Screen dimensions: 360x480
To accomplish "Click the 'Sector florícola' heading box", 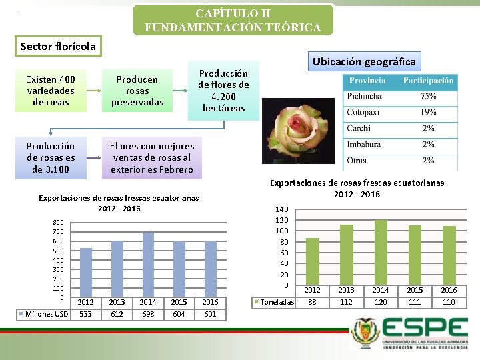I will (59, 46).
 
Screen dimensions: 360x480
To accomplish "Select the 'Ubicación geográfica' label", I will (364, 61).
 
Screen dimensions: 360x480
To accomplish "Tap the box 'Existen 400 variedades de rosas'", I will (51, 91).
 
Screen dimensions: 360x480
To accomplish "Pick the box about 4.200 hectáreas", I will (223, 91).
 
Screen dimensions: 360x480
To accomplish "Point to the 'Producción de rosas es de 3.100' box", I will (51, 157).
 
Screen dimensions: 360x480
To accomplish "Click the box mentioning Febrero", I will (153, 157).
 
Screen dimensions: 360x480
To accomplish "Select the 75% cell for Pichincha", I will (428, 96).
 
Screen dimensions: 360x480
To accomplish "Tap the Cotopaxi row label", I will (364, 112).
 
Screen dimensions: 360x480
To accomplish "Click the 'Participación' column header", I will (428, 81).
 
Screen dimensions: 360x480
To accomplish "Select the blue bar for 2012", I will (86, 272).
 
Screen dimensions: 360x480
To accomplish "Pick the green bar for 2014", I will (381, 253).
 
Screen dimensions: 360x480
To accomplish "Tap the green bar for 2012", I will (312, 262).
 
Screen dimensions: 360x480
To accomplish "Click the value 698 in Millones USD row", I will (148, 314).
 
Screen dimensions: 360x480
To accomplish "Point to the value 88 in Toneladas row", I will (312, 302).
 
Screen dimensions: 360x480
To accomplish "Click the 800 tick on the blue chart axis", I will (59, 222).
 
